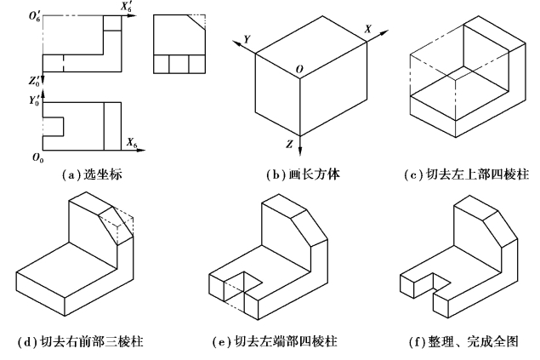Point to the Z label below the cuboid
coord(290,145)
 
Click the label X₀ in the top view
coord(132,141)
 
